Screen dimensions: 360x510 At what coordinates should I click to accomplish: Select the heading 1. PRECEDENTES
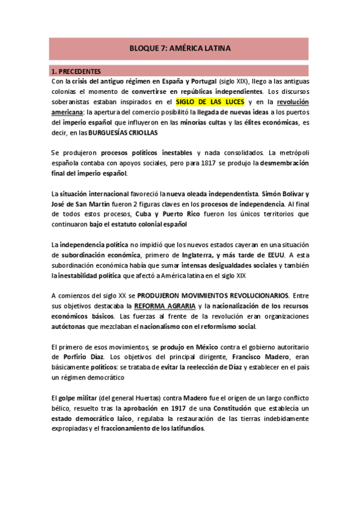(x=76, y=71)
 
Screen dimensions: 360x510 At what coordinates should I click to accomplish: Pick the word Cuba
(x=145, y=214)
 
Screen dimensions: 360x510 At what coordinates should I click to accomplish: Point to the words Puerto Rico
(x=180, y=214)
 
